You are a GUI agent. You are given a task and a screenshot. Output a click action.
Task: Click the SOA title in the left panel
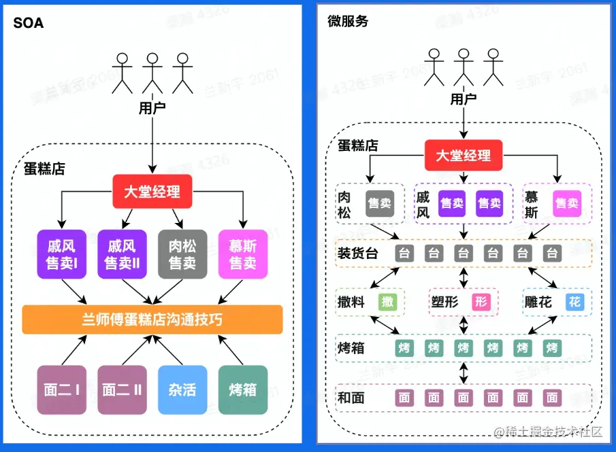(29, 23)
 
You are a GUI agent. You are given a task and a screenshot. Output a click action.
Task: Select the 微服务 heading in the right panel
(347, 21)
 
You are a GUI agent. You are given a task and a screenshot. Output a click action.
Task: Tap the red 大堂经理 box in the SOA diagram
(152, 192)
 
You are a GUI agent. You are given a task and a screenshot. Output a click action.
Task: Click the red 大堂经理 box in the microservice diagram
(464, 155)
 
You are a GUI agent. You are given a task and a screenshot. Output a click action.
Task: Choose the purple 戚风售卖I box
(61, 254)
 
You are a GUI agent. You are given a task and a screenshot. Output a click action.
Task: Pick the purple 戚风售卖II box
(122, 254)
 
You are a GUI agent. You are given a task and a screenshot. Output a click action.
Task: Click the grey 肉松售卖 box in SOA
(182, 254)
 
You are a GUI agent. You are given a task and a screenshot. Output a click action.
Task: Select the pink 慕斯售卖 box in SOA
(243, 254)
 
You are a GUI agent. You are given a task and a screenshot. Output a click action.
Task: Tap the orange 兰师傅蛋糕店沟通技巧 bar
(152, 319)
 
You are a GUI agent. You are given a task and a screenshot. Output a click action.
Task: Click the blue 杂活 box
(182, 389)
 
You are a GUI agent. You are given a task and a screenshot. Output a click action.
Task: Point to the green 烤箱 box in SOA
(243, 389)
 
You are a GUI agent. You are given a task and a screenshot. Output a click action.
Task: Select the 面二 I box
(61, 389)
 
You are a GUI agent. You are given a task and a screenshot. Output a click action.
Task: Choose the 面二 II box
(122, 389)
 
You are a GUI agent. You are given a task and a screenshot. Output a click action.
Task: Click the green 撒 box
(387, 302)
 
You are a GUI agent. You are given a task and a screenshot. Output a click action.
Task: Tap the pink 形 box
(481, 302)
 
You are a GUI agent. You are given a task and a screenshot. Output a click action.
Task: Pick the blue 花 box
(574, 302)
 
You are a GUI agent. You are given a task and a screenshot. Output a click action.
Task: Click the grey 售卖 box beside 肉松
(380, 203)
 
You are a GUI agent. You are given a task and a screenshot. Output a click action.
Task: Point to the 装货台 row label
(357, 254)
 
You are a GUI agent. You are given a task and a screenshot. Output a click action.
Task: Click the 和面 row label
(351, 398)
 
